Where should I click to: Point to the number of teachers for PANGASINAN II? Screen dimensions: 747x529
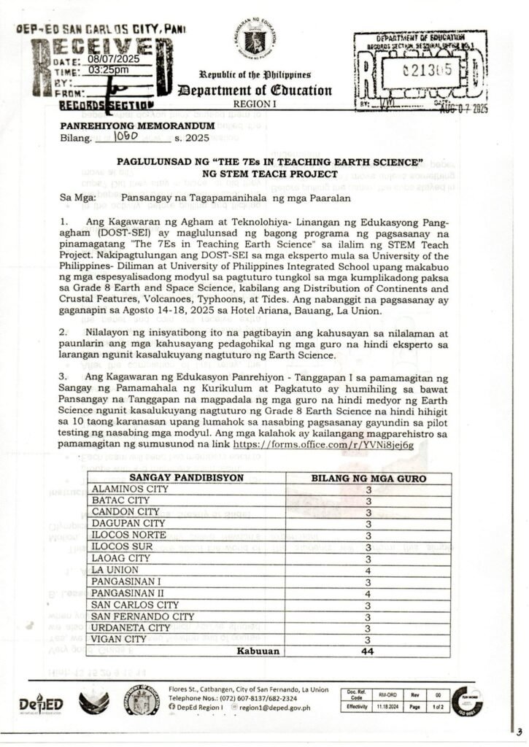(368, 593)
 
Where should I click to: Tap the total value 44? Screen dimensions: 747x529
(368, 651)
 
